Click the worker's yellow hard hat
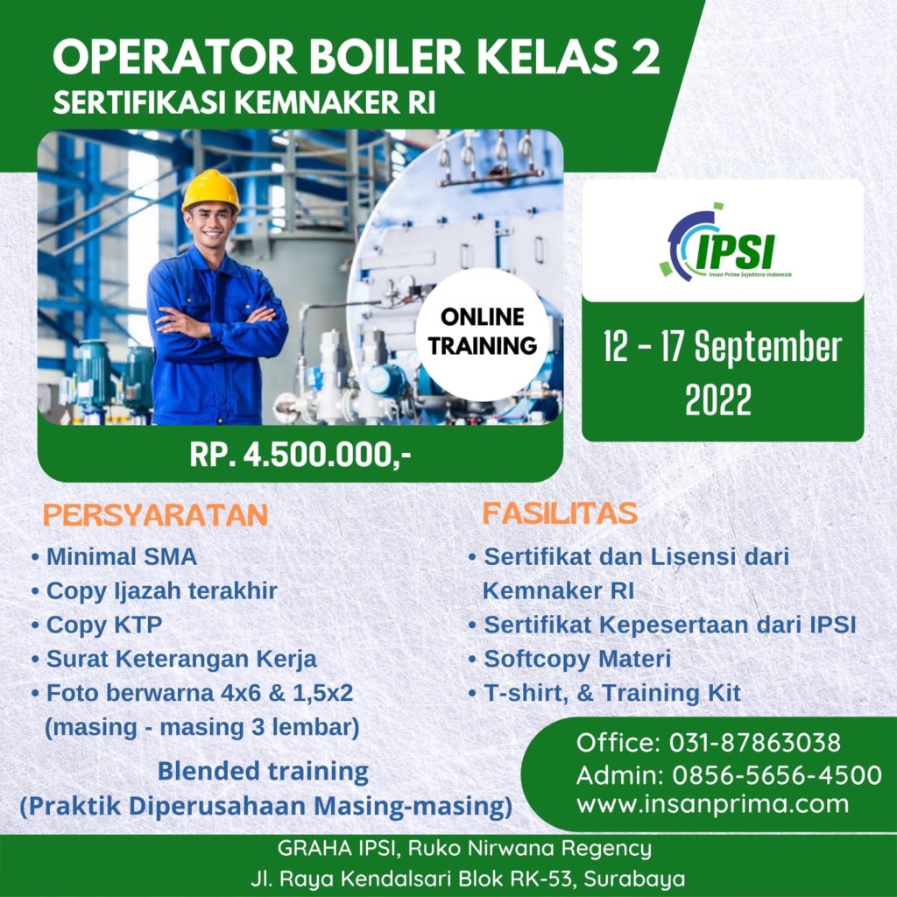[x=210, y=191]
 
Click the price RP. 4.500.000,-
[x=300, y=456]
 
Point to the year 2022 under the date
[x=718, y=399]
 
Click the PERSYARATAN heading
[x=156, y=515]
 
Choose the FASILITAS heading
[x=560, y=513]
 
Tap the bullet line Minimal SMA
[x=115, y=556]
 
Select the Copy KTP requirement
[x=97, y=624]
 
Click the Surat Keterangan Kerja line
[x=174, y=659]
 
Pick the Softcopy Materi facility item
[x=569, y=659]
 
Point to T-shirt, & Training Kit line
[x=604, y=693]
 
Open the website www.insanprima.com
[x=713, y=804]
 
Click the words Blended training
[x=263, y=771]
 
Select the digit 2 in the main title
[x=646, y=57]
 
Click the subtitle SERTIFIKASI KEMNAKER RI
[x=244, y=103]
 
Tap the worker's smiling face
[x=210, y=224]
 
